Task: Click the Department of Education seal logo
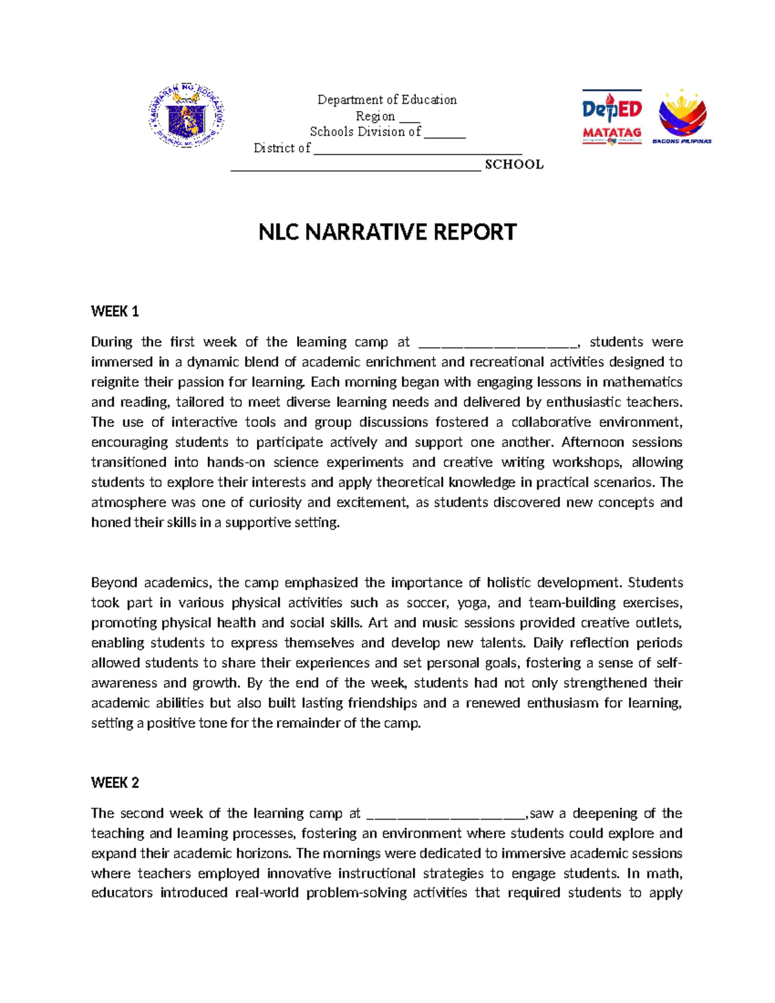186,117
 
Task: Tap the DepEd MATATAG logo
612,117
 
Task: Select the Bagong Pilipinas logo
682,117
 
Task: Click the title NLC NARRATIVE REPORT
387,232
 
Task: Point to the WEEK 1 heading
115,312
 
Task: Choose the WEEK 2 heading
115,783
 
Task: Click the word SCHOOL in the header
514,165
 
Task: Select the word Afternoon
592,442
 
